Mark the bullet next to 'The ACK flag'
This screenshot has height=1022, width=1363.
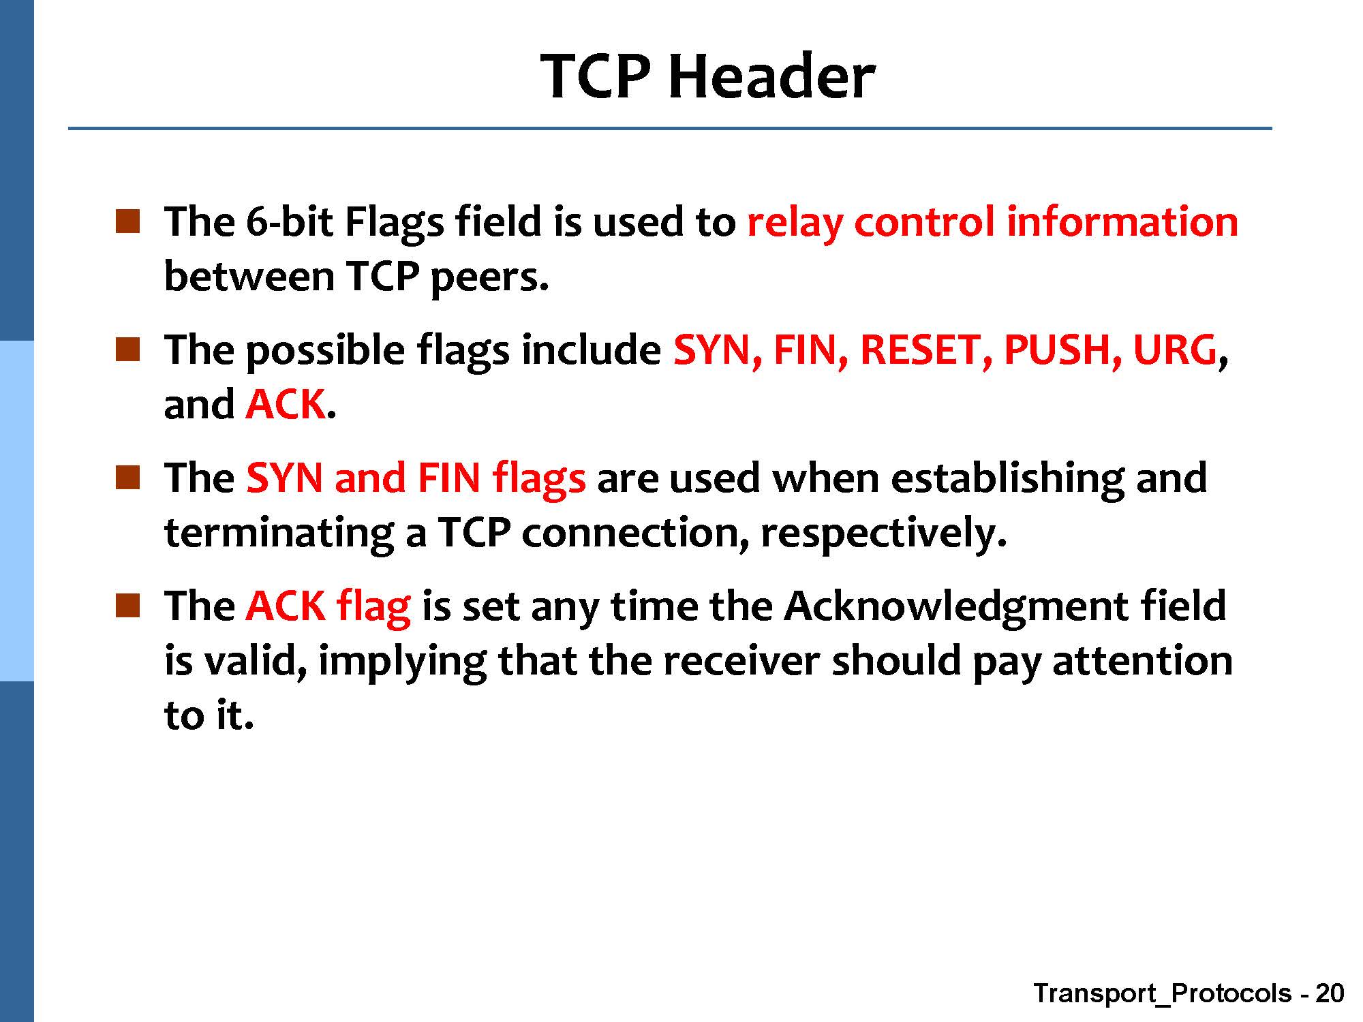[127, 605]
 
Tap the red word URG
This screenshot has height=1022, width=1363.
[1174, 350]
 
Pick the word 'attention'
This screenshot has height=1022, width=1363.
[1142, 661]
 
